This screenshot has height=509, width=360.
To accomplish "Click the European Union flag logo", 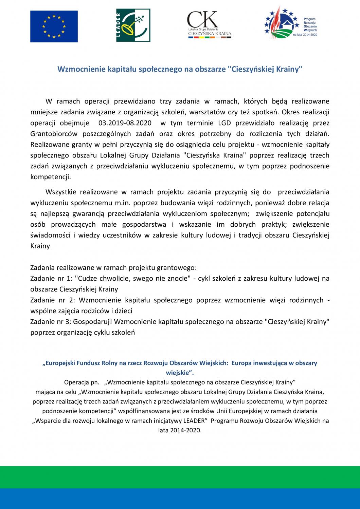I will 54,26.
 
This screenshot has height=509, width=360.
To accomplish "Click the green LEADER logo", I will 133,25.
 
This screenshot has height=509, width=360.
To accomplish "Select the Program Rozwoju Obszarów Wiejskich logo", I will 290,23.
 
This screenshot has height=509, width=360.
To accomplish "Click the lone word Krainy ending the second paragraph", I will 40,246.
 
